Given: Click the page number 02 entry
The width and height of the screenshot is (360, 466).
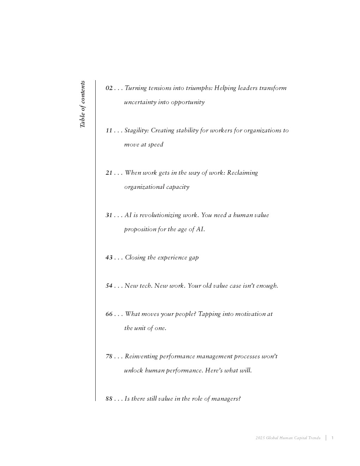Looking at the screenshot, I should pos(109,88).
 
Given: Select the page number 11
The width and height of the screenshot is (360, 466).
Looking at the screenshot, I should pos(109,131).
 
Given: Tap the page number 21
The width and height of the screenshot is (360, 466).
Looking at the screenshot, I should pos(109,173).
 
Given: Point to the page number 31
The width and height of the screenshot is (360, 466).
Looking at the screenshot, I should pos(109,215).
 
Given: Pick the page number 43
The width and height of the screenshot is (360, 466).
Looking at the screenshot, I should pos(109,258).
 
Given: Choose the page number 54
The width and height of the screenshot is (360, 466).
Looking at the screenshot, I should pos(109,286).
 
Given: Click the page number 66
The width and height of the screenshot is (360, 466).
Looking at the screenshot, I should pos(109,314).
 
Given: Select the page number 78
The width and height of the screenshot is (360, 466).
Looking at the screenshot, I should pos(109,357).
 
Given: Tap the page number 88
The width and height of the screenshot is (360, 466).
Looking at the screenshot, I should pos(109,399).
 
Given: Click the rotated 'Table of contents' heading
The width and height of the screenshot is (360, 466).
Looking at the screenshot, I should pos(82,104).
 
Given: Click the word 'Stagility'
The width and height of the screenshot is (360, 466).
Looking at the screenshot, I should pos(137,131).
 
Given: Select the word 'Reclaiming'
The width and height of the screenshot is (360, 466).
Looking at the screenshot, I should pos(242,173).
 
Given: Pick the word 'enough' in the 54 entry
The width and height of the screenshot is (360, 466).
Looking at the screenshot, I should pos(266,286).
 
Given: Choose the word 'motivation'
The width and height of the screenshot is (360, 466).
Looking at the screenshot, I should pos(248,314).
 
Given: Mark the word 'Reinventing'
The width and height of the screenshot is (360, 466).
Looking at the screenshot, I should pos(141,357).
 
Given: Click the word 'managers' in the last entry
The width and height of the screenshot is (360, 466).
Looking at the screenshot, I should pos(226,399).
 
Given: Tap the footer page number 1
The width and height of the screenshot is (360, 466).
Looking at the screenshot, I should pos(332,438).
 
